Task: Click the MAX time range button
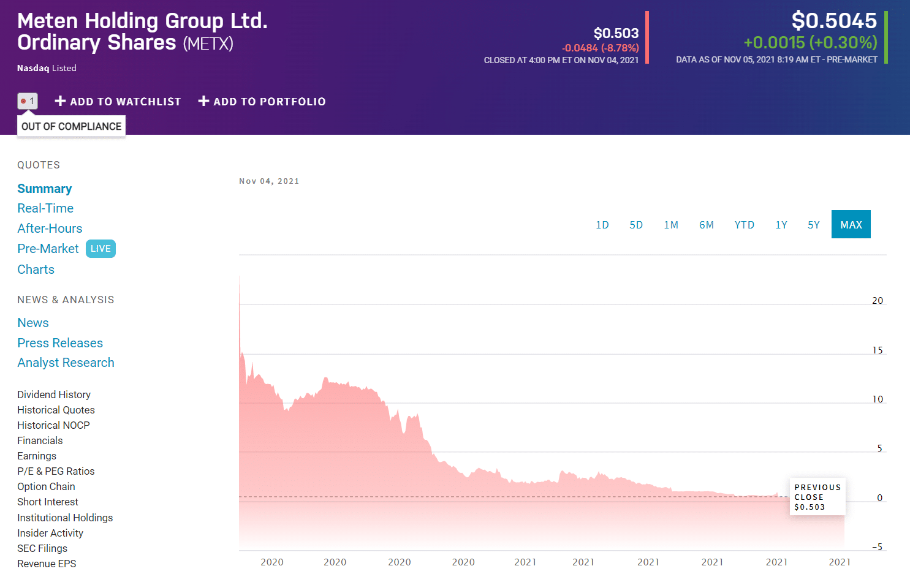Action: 851,224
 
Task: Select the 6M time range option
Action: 707,225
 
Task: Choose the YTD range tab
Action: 745,225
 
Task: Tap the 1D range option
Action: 602,225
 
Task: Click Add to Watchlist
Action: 118,101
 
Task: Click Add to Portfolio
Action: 262,101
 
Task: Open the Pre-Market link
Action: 48,249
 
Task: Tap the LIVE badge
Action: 100,249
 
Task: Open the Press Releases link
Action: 60,342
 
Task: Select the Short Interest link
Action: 48,502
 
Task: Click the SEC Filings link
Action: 42,548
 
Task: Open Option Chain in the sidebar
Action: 46,486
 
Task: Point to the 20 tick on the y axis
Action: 878,300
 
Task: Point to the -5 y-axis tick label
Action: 878,547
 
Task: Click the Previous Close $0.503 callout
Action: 817,497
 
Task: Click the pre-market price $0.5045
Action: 834,20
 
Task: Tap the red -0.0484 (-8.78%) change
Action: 600,48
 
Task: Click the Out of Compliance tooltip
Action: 71,126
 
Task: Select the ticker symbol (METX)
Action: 208,43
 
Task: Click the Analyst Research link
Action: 66,363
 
